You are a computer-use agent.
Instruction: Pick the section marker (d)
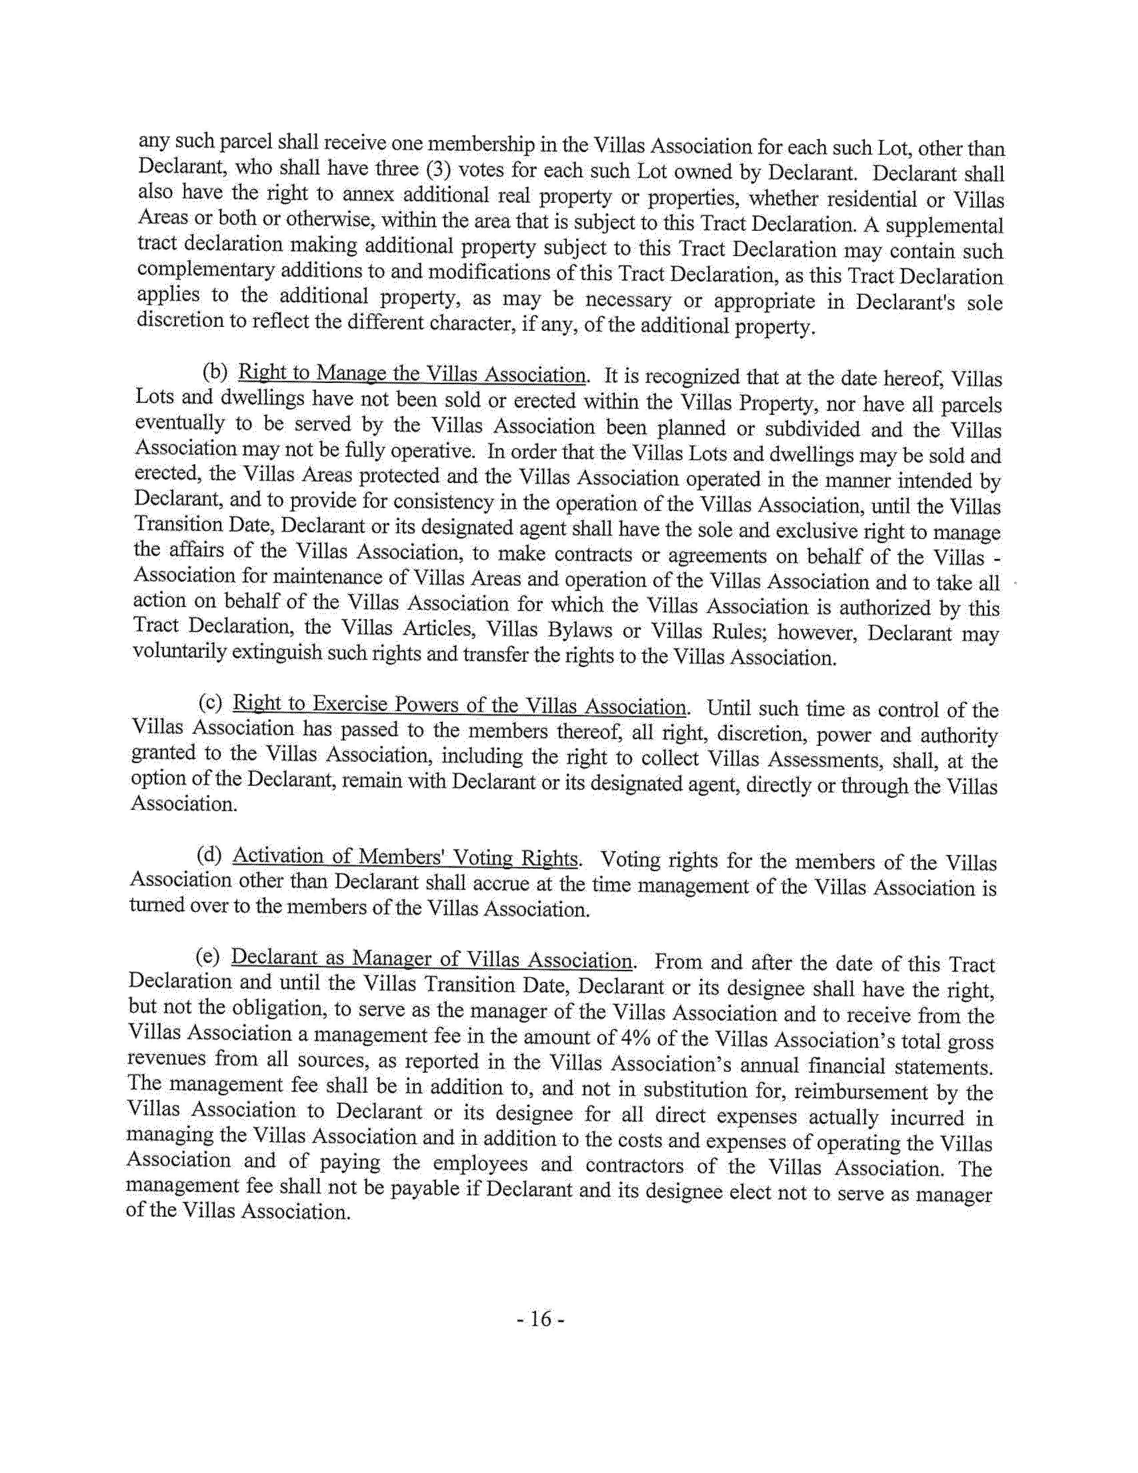[209, 856]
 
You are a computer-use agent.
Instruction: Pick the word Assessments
[817, 760]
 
